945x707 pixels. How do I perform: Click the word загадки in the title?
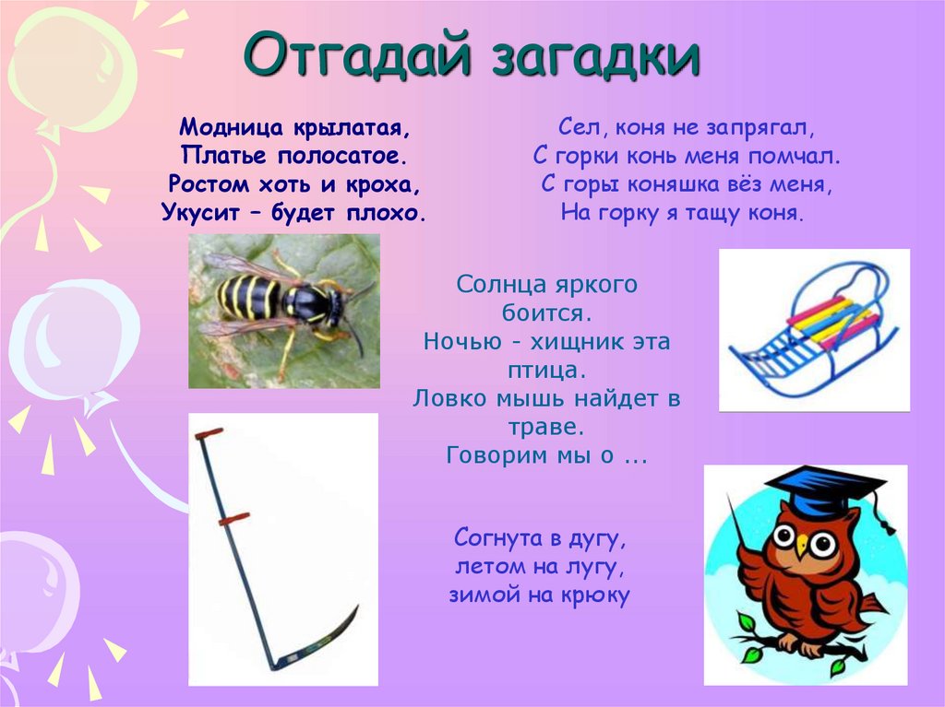(597, 56)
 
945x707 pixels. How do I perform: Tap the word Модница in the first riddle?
(231, 128)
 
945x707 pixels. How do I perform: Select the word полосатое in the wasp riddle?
(339, 156)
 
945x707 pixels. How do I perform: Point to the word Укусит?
(199, 213)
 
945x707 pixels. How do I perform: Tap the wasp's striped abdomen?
(248, 296)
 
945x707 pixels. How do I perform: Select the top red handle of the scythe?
(209, 433)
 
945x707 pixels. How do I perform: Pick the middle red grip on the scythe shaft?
(233, 518)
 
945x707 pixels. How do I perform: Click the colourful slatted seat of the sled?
(834, 321)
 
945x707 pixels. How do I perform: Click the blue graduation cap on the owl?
(826, 489)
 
